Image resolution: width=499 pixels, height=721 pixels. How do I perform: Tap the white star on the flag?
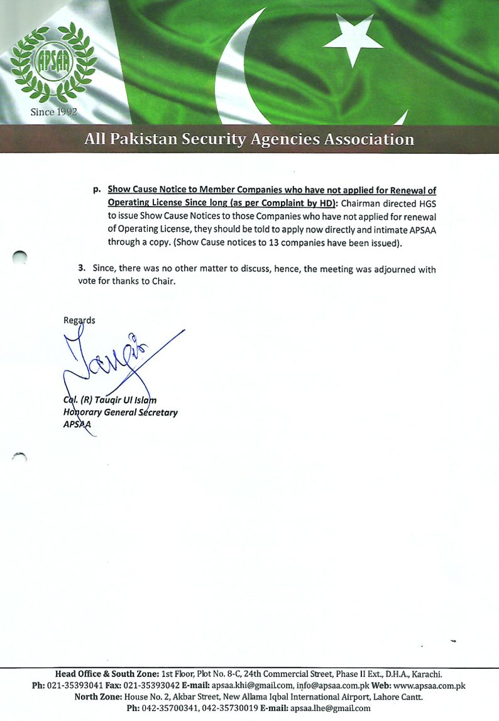(354, 38)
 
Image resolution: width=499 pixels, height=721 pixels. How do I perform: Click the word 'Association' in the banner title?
(368, 139)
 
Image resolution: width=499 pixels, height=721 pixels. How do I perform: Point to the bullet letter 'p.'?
(97, 189)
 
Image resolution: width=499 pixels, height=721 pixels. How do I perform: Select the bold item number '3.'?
(82, 268)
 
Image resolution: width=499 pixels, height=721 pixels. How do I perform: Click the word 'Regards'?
(79, 320)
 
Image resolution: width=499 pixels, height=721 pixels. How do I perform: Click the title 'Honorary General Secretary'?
(120, 413)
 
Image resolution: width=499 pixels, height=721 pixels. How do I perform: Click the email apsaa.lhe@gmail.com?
(330, 708)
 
